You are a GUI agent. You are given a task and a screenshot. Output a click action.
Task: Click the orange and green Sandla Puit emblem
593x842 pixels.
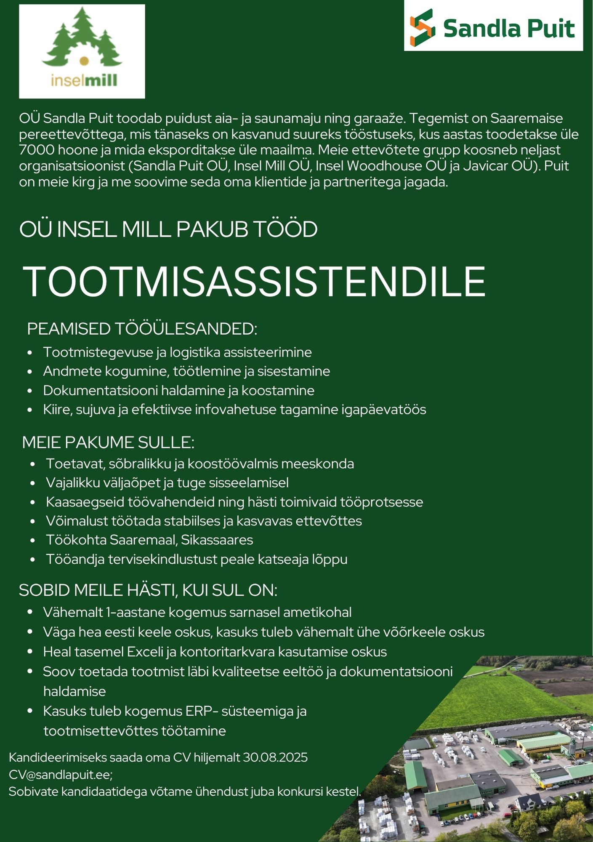tap(422, 27)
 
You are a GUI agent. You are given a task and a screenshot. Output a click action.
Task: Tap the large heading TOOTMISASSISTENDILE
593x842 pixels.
tap(255, 281)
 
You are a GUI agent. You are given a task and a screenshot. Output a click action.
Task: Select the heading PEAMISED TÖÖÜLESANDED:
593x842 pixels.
tap(142, 329)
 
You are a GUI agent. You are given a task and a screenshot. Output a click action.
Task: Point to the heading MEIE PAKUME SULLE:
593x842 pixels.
tap(108, 442)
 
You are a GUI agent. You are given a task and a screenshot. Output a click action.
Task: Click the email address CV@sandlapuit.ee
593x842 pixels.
tap(60, 774)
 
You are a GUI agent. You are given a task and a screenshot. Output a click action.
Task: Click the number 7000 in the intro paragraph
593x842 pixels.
tap(36, 150)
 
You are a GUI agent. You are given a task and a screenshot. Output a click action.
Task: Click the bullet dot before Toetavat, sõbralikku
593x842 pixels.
tap(33, 464)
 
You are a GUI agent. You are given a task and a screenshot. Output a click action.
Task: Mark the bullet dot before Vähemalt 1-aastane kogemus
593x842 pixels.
tap(30, 612)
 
